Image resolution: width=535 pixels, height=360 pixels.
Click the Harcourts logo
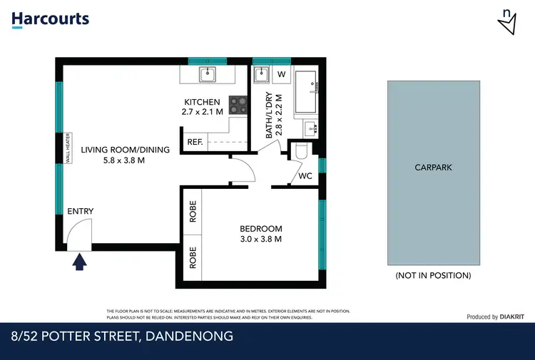pyautogui.click(x=50, y=19)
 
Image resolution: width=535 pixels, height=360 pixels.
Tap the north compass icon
pyautogui.click(x=507, y=22)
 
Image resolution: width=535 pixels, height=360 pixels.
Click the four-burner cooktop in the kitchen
pyautogui.click(x=237, y=106)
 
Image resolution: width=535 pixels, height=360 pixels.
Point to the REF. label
pyautogui.click(x=195, y=143)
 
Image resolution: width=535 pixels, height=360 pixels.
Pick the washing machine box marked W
pyautogui.click(x=281, y=74)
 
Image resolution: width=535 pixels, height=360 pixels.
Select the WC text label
pyautogui.click(x=305, y=175)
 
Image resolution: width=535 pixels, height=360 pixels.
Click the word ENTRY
pyautogui.click(x=80, y=211)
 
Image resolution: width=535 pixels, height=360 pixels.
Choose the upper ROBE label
pyautogui.click(x=193, y=212)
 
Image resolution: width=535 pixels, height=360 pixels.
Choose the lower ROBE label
pyautogui.click(x=193, y=257)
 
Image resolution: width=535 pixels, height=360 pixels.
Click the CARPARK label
pyautogui.click(x=434, y=168)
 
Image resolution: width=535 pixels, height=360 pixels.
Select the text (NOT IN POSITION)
pyautogui.click(x=433, y=275)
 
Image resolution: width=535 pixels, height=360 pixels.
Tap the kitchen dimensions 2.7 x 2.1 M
pyautogui.click(x=203, y=112)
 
